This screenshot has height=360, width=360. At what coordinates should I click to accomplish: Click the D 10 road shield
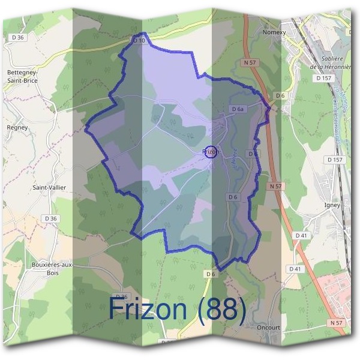pos(139,40)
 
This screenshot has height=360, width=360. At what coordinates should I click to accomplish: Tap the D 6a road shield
pos(238,109)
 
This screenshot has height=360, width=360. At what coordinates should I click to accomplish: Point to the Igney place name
pos(332,205)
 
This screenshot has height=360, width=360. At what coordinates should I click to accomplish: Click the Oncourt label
pos(268,327)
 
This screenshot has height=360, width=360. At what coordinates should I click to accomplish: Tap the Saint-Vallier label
pos(49,188)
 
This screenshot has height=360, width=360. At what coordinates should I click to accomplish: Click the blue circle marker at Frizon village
pos(210,152)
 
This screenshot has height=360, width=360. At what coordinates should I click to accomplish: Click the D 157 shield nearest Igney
pos(334,160)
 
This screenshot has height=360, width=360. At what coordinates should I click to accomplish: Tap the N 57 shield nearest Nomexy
pos(250,62)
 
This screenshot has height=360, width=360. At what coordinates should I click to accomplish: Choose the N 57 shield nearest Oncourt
pos(336,323)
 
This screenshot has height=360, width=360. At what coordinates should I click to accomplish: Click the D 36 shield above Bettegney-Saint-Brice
pos(17,38)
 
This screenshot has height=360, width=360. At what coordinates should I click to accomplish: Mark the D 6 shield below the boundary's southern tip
pos(210,274)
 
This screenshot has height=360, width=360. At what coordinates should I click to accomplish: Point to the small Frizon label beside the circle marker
pos(211,152)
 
